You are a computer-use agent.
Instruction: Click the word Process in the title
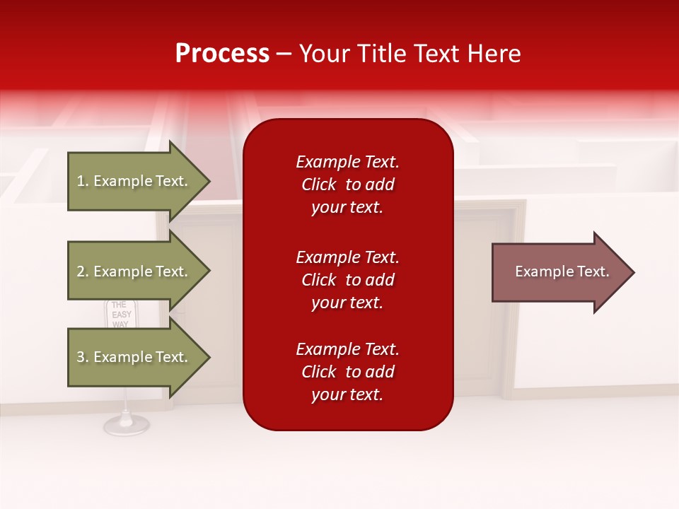(x=222, y=54)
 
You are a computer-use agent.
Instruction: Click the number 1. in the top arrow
(x=83, y=182)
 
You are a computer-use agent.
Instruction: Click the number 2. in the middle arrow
(x=83, y=271)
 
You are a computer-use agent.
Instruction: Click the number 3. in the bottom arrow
(x=83, y=357)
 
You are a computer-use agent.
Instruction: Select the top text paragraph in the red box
(x=347, y=185)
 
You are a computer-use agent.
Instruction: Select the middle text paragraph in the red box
(x=347, y=280)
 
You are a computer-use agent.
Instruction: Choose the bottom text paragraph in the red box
(x=347, y=372)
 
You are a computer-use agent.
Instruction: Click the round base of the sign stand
(x=126, y=424)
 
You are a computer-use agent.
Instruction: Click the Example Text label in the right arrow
(x=562, y=272)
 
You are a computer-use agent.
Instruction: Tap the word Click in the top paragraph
(x=319, y=185)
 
